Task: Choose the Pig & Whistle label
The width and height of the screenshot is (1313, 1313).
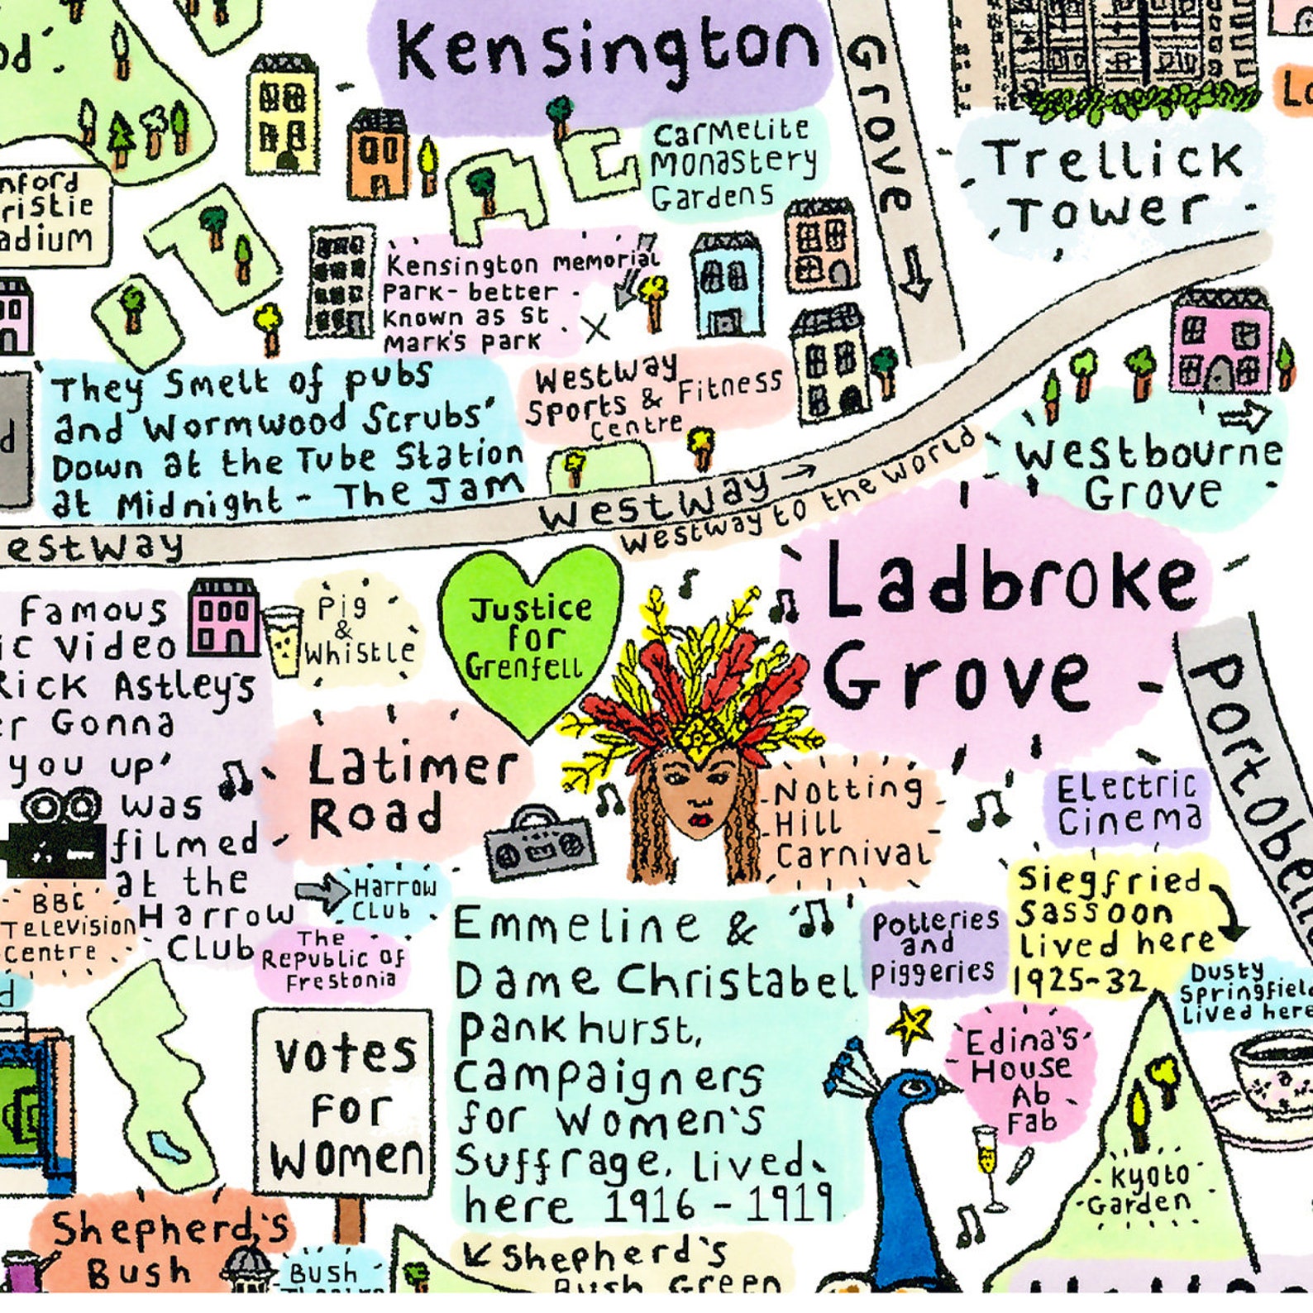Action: [x=356, y=633]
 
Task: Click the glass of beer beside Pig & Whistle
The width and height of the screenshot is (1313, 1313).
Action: [x=283, y=641]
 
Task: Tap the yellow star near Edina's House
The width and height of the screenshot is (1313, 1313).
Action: [x=910, y=1025]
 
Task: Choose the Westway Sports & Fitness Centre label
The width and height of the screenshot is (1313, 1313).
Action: [x=653, y=397]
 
